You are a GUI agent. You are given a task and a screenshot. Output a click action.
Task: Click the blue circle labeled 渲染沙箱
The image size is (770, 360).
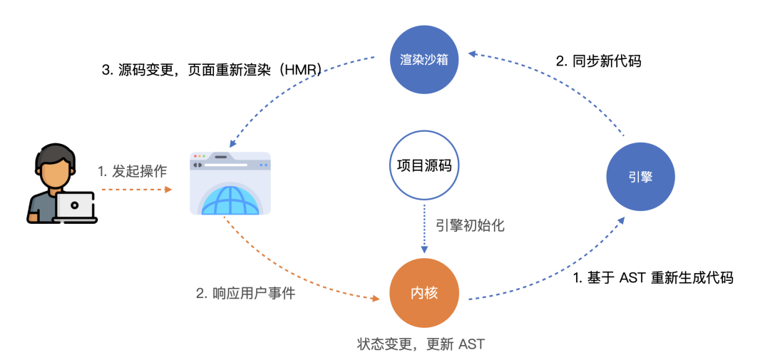[424, 60]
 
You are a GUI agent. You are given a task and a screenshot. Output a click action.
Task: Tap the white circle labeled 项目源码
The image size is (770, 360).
[424, 165]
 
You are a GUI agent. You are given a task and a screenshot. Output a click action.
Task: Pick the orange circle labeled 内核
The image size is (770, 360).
[424, 294]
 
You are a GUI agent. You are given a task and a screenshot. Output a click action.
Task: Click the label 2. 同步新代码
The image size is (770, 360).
[597, 61]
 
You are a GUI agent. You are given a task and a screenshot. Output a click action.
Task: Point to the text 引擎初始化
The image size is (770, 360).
[470, 225]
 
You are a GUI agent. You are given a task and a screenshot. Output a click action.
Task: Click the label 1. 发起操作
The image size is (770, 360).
[132, 171]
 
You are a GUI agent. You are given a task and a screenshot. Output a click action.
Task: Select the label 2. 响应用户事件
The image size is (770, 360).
[245, 293]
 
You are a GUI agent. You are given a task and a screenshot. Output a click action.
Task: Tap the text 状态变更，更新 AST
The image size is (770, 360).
[421, 344]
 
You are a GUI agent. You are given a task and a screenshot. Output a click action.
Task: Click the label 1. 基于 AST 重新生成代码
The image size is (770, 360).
[653, 277]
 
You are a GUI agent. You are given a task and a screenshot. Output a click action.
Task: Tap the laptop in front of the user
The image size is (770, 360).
[75, 207]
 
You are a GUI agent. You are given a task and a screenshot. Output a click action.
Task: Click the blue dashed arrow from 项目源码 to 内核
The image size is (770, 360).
[424, 228]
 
